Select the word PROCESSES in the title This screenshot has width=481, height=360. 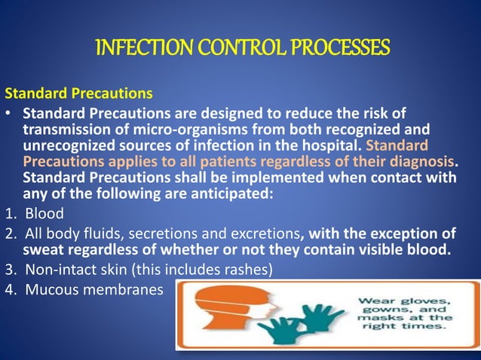coord(337,48)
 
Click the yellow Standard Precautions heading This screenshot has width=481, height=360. coord(79,95)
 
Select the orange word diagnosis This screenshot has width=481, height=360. coord(421,162)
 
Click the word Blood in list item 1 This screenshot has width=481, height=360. coord(44,213)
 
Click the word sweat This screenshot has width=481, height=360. coord(44,249)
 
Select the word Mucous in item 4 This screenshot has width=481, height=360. coord(53,288)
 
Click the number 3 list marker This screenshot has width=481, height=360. coord(9,269)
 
